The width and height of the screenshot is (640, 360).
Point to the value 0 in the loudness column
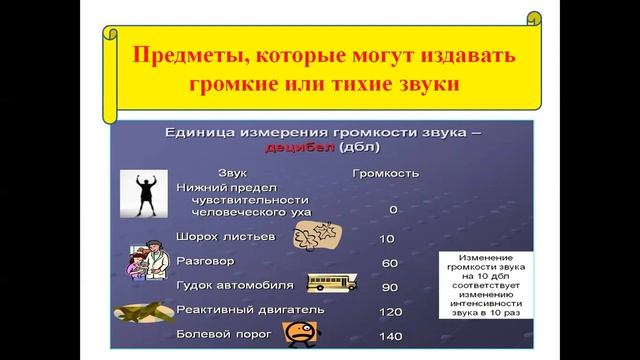(x=393, y=209)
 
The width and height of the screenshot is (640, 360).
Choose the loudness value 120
(x=390, y=311)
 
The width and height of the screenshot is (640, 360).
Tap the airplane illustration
(x=142, y=313)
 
